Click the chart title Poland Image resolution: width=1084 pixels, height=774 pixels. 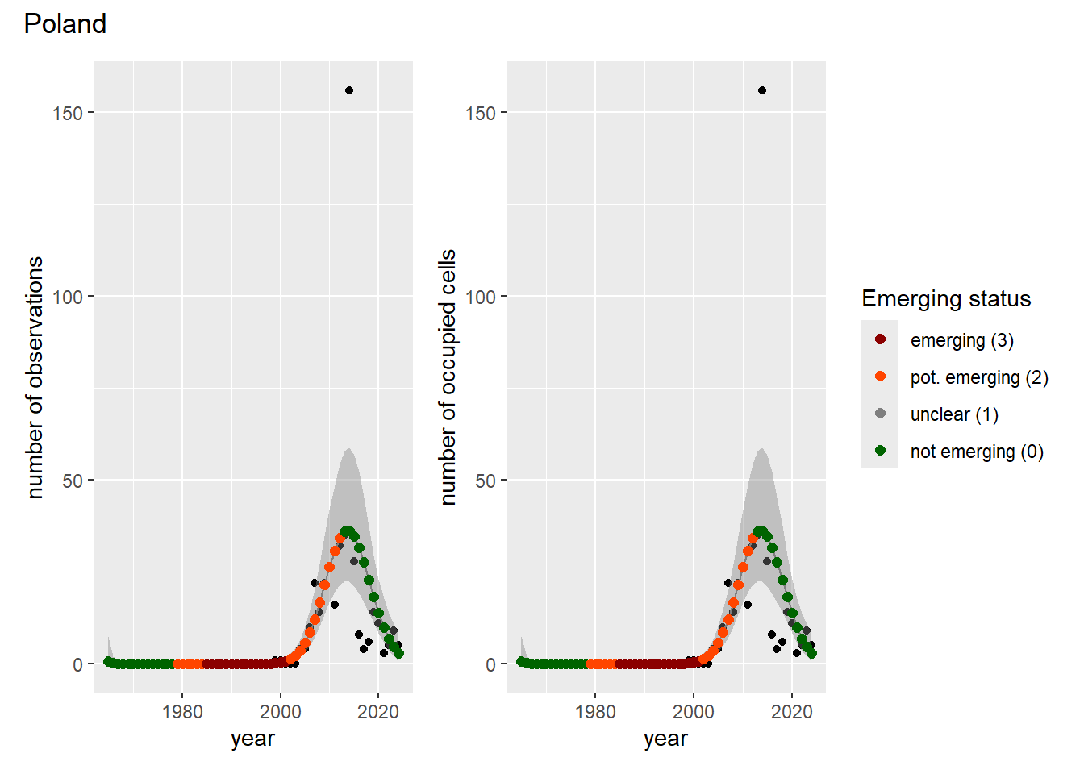65,23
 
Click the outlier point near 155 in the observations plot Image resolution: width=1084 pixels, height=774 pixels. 349,90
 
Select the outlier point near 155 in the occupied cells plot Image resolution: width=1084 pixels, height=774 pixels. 762,90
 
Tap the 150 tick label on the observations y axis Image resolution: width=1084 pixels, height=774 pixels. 67,114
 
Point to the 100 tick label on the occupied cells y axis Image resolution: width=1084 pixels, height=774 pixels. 480,297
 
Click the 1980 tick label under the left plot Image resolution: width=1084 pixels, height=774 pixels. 182,712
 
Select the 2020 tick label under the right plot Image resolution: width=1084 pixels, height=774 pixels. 792,712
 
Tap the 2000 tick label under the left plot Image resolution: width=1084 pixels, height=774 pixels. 280,712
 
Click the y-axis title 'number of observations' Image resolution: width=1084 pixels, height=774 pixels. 35,377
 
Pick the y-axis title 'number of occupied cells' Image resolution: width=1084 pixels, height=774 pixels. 448,377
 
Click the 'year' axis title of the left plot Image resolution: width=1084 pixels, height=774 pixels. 252,739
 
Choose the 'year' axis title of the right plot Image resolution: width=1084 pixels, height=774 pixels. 666,739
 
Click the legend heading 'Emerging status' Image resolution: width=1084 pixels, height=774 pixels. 946,298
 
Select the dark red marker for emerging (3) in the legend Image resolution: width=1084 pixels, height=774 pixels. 880,339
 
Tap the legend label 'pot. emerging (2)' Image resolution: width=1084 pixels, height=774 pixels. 979,378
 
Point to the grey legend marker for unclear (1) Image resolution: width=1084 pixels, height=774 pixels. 880,414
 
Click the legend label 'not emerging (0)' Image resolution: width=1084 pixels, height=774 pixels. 977,451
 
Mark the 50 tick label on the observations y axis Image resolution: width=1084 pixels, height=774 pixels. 73,481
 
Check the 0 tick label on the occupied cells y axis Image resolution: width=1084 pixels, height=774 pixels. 490,665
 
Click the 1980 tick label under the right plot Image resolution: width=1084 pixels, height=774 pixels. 596,712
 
